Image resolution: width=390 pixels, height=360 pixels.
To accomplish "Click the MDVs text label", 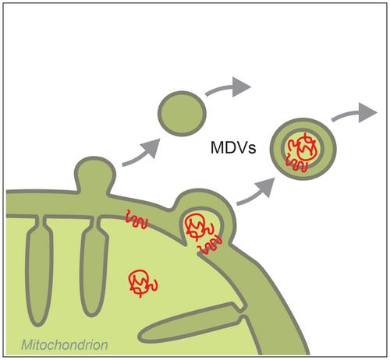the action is pyautogui.click(x=233, y=147).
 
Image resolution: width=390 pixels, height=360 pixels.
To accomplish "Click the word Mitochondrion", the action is pyautogui.click(x=65, y=345).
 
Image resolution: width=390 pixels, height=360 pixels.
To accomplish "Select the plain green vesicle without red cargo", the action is pyautogui.click(x=182, y=113).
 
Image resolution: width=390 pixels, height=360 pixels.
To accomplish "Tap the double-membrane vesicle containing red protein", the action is pyautogui.click(x=303, y=149).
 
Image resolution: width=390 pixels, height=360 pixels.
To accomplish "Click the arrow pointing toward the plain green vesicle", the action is pyautogui.click(x=142, y=154).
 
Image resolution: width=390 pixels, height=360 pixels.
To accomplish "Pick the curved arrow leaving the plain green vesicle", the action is pyautogui.click(x=228, y=87).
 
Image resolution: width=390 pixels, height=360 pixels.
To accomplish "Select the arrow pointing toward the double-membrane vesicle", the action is pyautogui.click(x=257, y=192).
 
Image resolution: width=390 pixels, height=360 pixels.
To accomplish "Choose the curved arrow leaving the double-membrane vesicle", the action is pyautogui.click(x=354, y=113).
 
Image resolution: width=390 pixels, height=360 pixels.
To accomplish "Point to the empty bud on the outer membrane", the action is pyautogui.click(x=94, y=174).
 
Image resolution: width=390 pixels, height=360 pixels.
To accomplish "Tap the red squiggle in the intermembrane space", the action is pyautogui.click(x=136, y=219).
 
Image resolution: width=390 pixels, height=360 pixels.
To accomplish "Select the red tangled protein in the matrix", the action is pyautogui.click(x=143, y=283).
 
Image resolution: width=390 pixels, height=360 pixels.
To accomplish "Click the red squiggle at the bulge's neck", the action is pyautogui.click(x=210, y=245).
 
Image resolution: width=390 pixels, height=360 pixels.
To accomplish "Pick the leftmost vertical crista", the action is pyautogui.click(x=38, y=270).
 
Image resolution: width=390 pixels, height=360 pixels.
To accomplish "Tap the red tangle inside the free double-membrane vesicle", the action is pyautogui.click(x=303, y=150).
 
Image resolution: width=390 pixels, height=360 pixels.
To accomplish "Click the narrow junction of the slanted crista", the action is pyautogui.click(x=241, y=312).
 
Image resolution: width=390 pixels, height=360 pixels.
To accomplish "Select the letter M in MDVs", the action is pyautogui.click(x=217, y=147).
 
